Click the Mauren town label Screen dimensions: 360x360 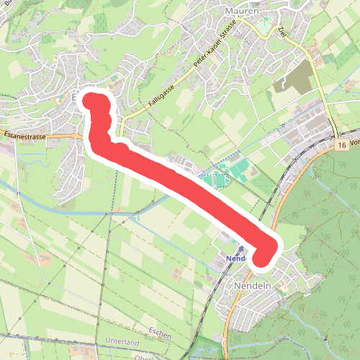[240, 12]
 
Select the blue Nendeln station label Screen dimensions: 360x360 [235, 258]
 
